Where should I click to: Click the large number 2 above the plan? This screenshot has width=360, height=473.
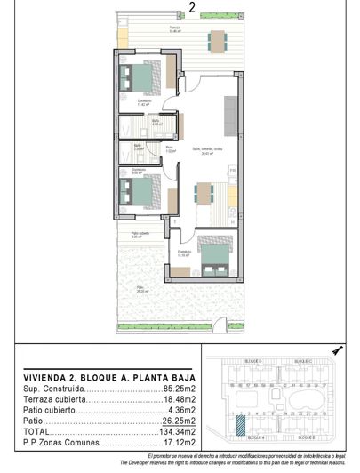click(x=193, y=9)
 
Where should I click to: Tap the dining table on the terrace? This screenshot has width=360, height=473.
click(x=217, y=41)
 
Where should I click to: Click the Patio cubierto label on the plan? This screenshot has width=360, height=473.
click(x=137, y=235)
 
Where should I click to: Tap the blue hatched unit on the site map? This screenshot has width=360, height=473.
click(x=241, y=424)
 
